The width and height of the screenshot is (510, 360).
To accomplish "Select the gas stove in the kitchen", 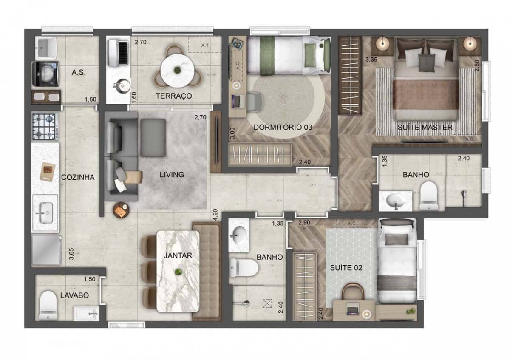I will point(44,126).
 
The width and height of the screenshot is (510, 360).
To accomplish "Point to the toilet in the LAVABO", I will point(48,305).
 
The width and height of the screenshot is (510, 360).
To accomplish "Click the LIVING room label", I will point(172,174).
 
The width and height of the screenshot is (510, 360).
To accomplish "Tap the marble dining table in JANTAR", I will point(178,270).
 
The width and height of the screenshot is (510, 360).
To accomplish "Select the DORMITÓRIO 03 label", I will point(277,127).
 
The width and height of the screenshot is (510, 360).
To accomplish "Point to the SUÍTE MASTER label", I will point(425,127).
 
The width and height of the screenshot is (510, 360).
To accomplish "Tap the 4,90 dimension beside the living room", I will point(216,214).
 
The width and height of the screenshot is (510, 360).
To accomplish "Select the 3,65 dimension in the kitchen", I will point(71,256).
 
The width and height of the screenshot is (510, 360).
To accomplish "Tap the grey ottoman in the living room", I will point(153,132).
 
